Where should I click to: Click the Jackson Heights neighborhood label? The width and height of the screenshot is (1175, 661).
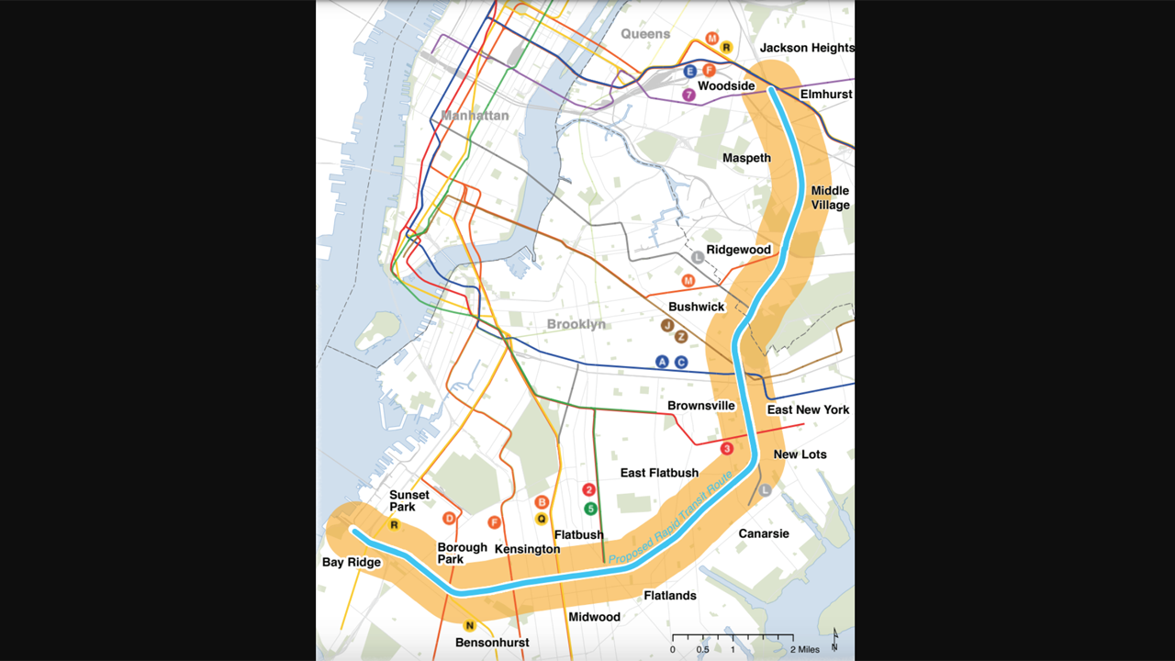coord(807,48)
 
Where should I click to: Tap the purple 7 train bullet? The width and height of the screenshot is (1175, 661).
coord(688,95)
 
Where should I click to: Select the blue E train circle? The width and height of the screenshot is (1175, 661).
coord(690,71)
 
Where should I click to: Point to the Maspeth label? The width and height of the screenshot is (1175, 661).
coord(746,158)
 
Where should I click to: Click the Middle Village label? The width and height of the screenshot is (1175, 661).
coord(830,198)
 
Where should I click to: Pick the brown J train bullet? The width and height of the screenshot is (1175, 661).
coord(667,325)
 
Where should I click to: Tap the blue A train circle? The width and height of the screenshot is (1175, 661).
coord(662,362)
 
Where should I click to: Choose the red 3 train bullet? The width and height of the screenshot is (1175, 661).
coord(727,449)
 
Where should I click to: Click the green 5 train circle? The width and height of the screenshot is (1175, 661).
coord(590,509)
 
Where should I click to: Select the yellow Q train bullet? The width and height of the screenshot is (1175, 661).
coord(542,519)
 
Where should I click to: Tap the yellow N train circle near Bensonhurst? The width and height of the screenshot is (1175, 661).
coord(469,626)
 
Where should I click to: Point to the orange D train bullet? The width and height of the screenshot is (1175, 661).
coord(449,519)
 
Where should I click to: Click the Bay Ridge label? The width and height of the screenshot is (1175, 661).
coord(351,562)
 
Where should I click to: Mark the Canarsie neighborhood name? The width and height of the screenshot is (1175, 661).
coord(764,533)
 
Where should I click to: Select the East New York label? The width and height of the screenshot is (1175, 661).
coord(808,409)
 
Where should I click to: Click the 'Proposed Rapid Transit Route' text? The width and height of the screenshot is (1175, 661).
coord(671,517)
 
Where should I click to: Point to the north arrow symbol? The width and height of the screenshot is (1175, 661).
coord(834,640)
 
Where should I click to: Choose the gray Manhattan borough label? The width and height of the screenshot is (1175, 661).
coord(475,116)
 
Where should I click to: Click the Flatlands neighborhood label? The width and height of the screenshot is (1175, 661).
coord(669,596)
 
